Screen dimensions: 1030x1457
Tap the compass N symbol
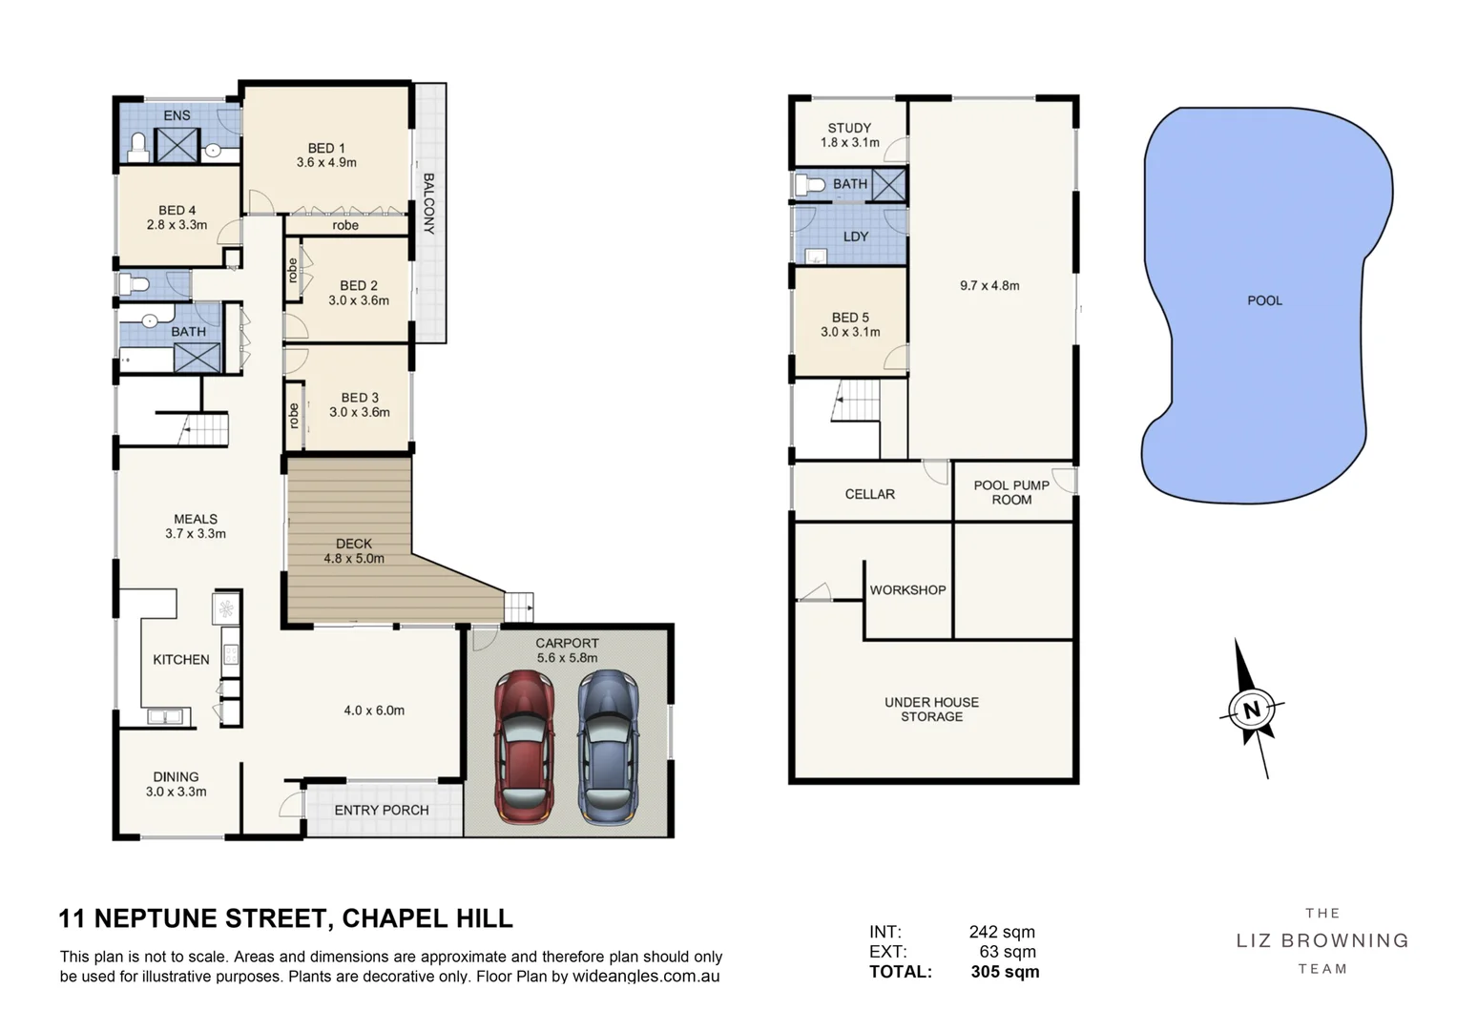coord(1252,710)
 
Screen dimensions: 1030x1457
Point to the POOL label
coord(1264,300)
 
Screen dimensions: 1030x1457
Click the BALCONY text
coord(428,203)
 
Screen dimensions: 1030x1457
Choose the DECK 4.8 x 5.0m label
coord(353,550)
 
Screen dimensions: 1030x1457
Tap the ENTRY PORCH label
coord(381,810)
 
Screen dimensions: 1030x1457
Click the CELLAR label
coord(869,494)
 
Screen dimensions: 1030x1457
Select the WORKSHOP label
coord(907,590)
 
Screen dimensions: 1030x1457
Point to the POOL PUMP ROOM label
coord(1011,492)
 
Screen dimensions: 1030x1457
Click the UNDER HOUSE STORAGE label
coord(931,709)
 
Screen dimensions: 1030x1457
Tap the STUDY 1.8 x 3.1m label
coord(849,134)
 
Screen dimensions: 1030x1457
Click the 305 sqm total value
coord(1005,972)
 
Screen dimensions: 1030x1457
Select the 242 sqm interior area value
coord(1002,932)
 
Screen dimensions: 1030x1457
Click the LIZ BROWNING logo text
coord(1322,940)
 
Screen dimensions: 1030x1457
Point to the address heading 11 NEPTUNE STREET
coord(285,918)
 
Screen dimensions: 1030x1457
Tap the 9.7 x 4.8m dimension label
coord(989,285)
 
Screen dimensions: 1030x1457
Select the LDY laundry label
coord(856,237)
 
